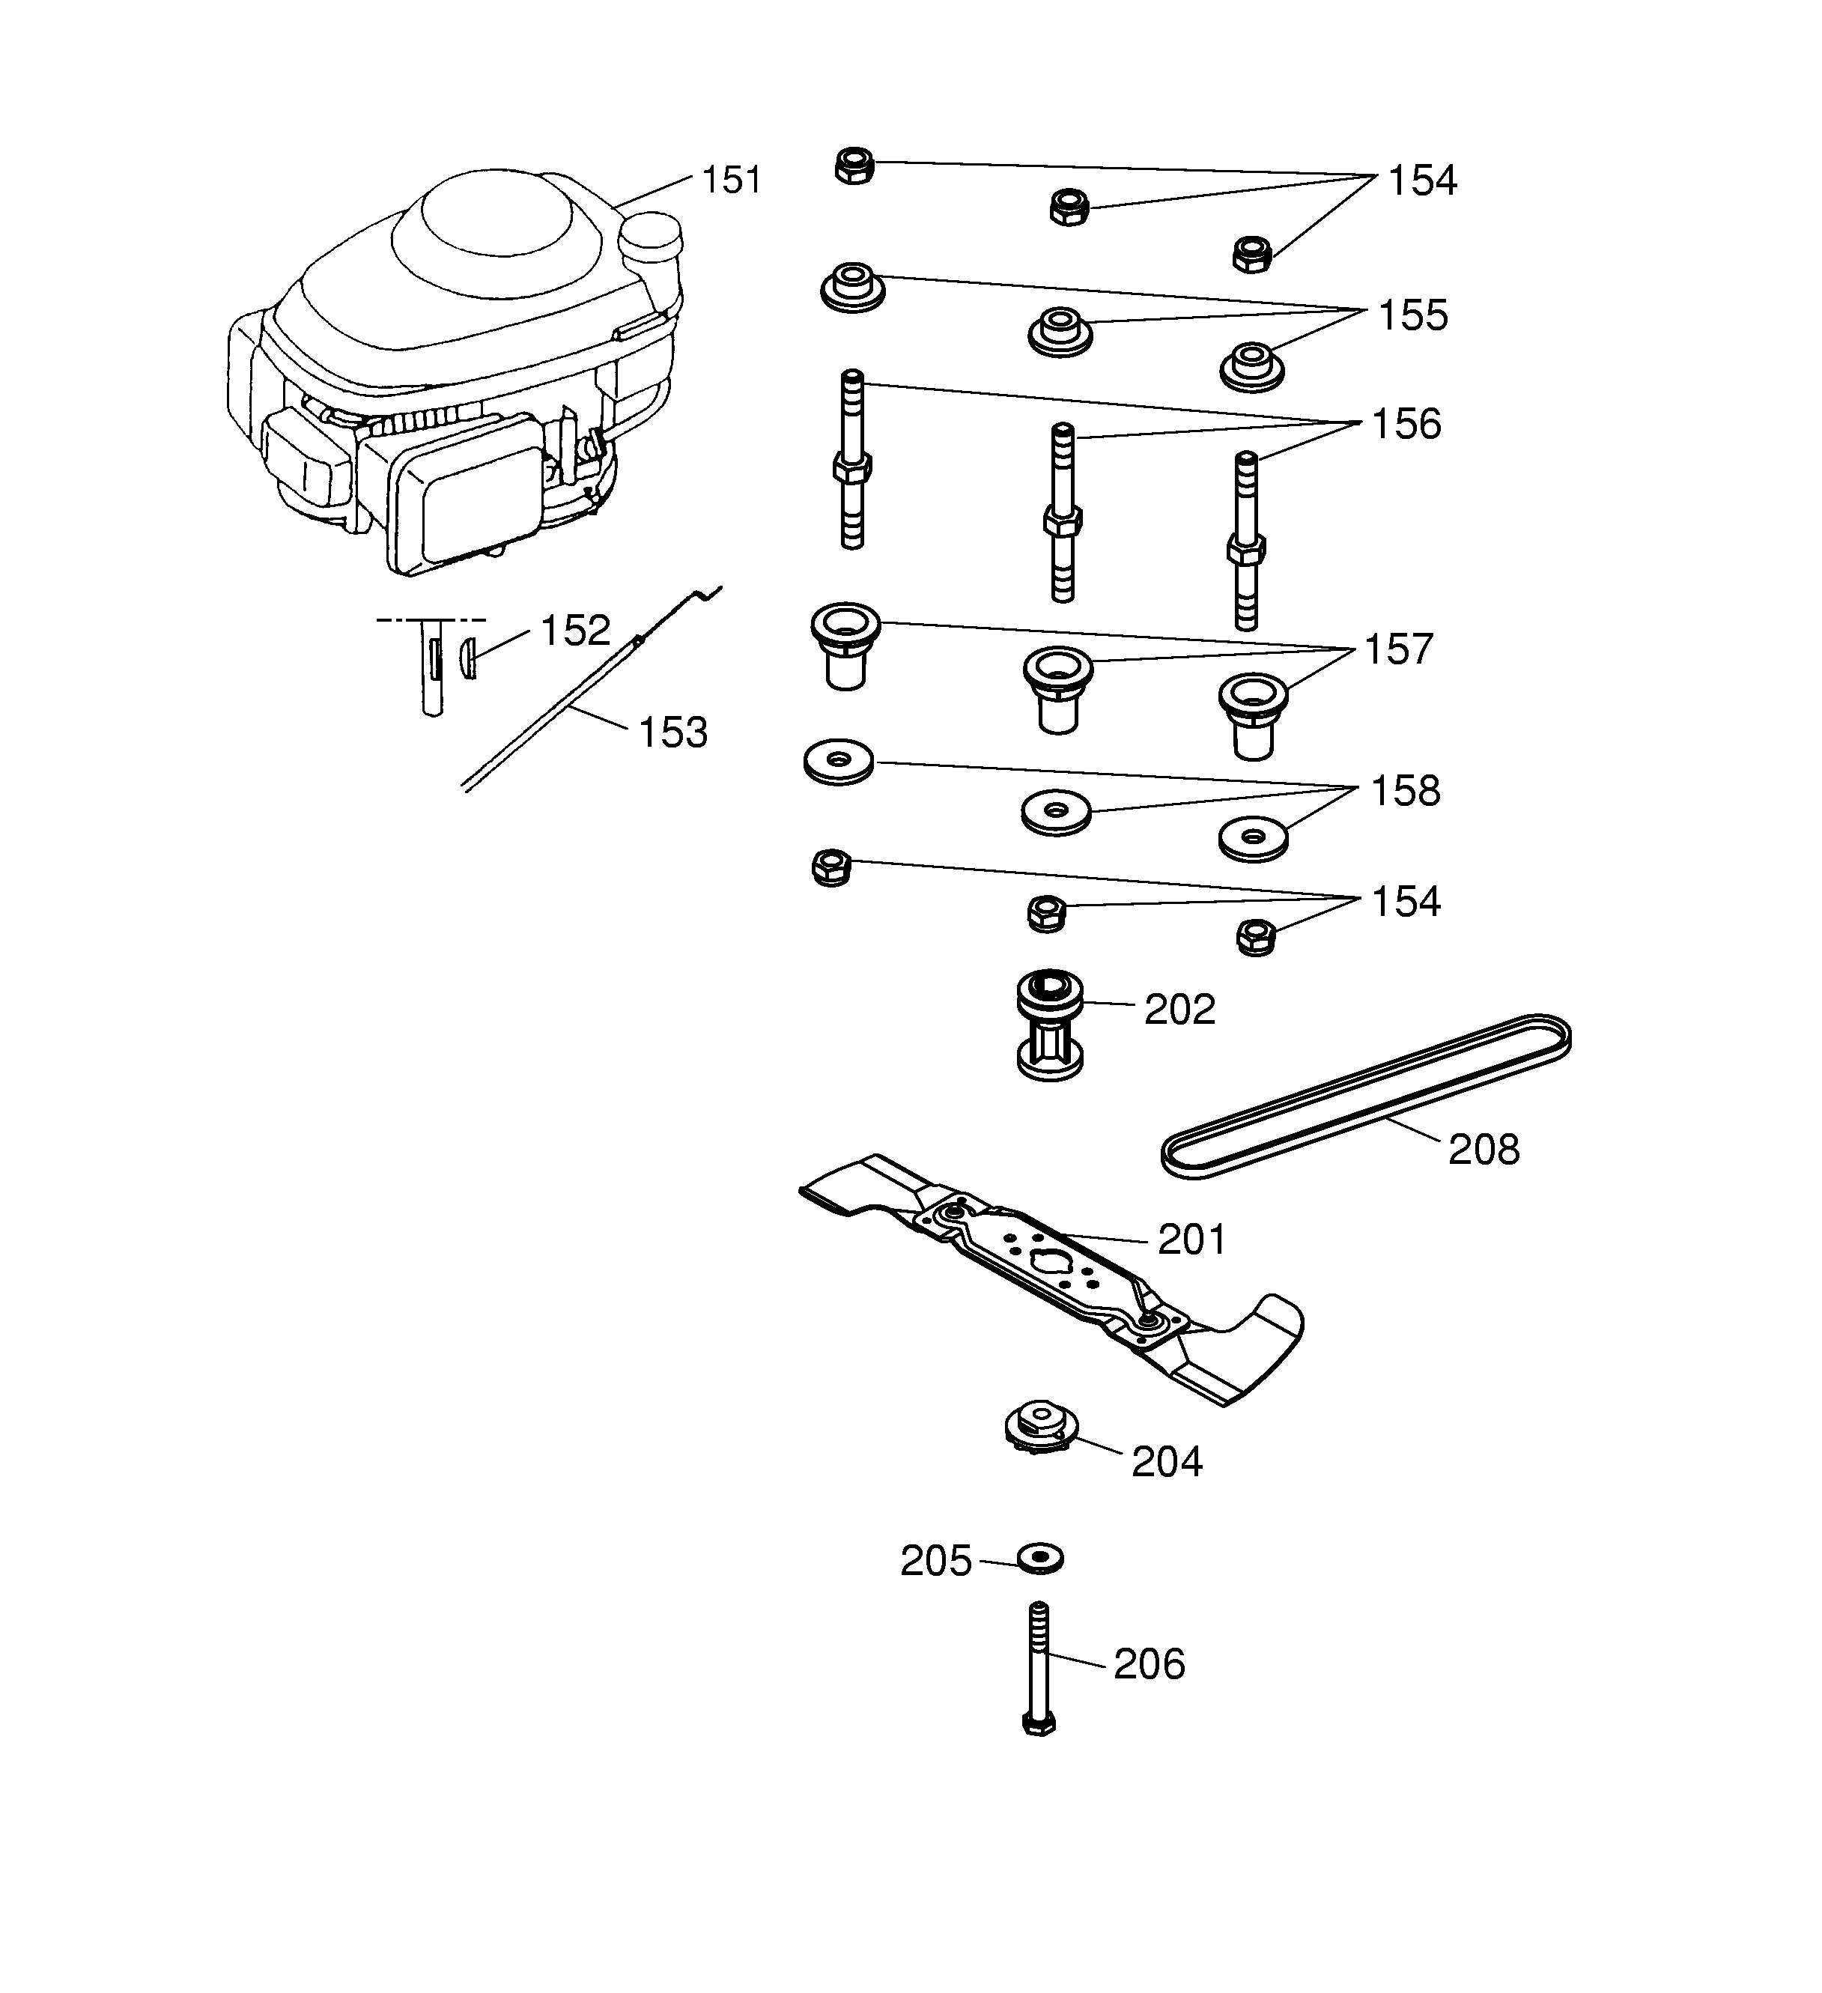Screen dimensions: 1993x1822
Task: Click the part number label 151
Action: point(731,181)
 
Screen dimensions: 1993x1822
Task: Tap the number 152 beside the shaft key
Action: point(575,631)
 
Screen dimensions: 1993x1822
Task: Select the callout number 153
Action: point(672,733)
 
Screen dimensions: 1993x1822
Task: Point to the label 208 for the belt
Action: point(1483,1150)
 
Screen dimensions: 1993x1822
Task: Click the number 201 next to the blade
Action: point(1191,1240)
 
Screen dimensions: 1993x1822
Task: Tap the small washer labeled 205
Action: point(1040,1560)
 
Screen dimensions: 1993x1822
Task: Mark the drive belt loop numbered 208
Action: point(1364,1095)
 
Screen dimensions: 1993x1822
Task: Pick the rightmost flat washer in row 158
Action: point(1254,837)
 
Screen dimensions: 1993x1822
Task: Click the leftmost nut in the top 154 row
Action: point(854,166)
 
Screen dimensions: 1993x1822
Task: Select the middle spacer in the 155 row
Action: point(1060,330)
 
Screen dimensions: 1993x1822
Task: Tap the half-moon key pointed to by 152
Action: point(469,658)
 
